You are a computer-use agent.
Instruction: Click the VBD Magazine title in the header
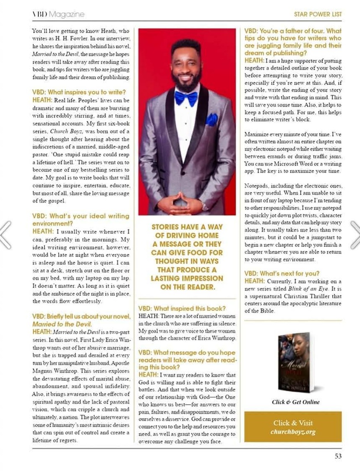click(x=58, y=14)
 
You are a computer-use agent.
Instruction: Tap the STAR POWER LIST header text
click(x=318, y=14)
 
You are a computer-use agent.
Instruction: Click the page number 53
click(x=338, y=456)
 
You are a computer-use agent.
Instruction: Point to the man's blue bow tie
click(x=186, y=98)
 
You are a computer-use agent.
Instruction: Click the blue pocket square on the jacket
click(x=211, y=120)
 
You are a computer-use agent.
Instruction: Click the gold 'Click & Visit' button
click(x=293, y=427)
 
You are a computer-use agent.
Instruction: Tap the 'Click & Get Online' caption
click(x=295, y=402)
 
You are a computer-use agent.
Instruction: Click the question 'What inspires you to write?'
click(x=79, y=92)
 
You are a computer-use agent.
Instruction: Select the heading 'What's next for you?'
click(x=282, y=273)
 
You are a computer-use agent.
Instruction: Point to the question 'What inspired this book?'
click(x=182, y=309)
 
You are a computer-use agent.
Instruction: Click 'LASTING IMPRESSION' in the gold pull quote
click(x=187, y=278)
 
